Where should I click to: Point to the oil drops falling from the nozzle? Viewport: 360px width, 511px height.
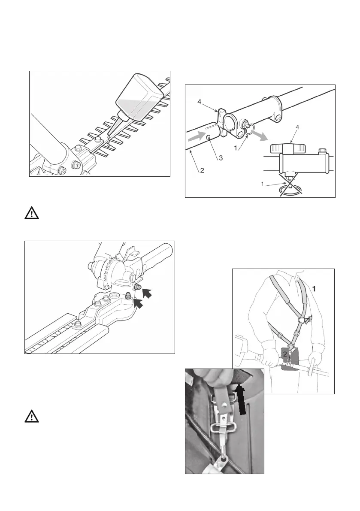pos(109,139)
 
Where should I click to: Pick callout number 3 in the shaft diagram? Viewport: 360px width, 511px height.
pos(221,158)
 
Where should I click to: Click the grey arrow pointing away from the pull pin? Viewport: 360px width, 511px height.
pos(259,136)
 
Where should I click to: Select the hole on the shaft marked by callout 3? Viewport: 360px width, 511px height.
pos(208,138)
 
